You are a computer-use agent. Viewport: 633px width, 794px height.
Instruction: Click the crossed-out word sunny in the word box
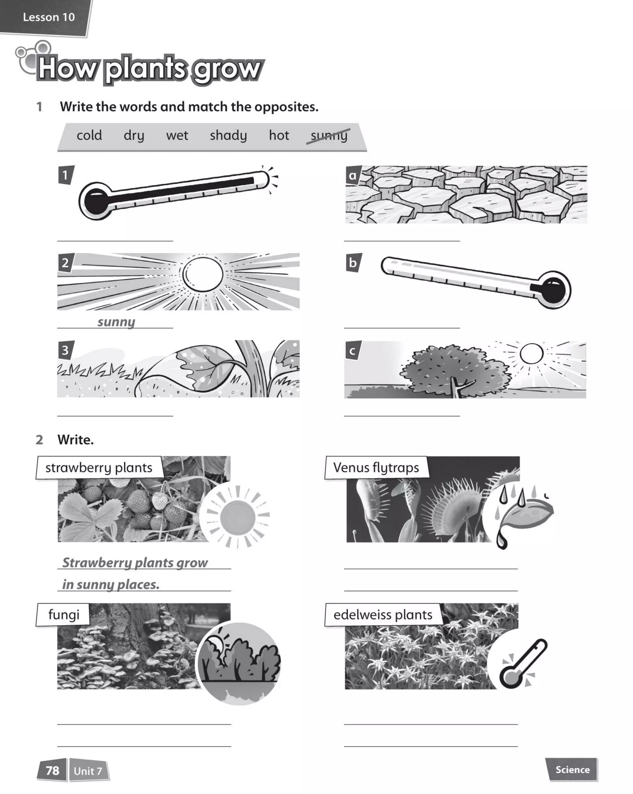point(329,136)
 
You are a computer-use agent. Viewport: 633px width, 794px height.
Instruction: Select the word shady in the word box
point(228,136)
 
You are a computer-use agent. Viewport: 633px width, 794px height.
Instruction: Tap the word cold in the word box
point(89,136)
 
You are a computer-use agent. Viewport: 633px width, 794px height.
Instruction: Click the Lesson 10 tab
point(48,17)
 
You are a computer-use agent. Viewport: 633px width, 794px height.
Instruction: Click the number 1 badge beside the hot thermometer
point(66,175)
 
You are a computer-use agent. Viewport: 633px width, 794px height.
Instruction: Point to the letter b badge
point(353,263)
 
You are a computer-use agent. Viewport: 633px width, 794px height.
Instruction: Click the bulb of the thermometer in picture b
point(553,290)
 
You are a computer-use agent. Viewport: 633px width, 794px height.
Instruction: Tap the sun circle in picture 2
point(203,274)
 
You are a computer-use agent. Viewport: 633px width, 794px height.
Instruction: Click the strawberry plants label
point(99,468)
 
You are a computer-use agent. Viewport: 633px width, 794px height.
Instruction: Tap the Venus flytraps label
point(376,468)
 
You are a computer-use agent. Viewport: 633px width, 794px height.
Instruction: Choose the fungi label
point(64,615)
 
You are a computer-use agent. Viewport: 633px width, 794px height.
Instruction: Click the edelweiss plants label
point(383,615)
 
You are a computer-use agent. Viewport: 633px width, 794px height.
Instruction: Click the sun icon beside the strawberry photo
point(237,518)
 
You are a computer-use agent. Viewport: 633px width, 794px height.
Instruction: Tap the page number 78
point(52,771)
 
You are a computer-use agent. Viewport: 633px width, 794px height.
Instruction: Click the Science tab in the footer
point(572,770)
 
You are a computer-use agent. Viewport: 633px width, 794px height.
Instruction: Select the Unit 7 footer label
point(88,771)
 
